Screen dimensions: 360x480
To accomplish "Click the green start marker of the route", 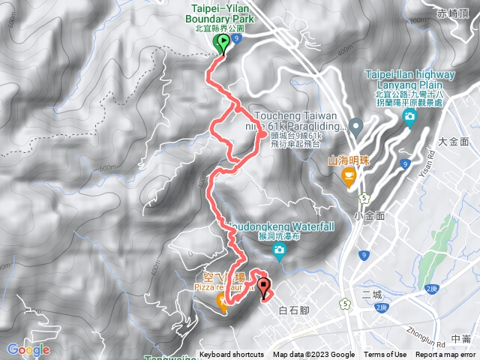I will pyautogui.click(x=222, y=43).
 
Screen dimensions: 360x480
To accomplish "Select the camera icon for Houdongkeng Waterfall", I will pyautogui.click(x=279, y=250).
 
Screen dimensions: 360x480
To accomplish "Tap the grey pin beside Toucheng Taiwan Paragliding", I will pyautogui.click(x=355, y=125).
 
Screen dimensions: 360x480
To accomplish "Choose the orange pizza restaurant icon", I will pyautogui.click(x=223, y=301).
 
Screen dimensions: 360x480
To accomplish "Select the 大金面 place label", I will pyautogui.click(x=453, y=141).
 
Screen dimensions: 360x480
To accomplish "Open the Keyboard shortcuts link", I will pyautogui.click(x=231, y=355).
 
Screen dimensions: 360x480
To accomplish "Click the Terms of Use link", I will pyautogui.click(x=385, y=355).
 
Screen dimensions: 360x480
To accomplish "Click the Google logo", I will pyautogui.click(x=28, y=349).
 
